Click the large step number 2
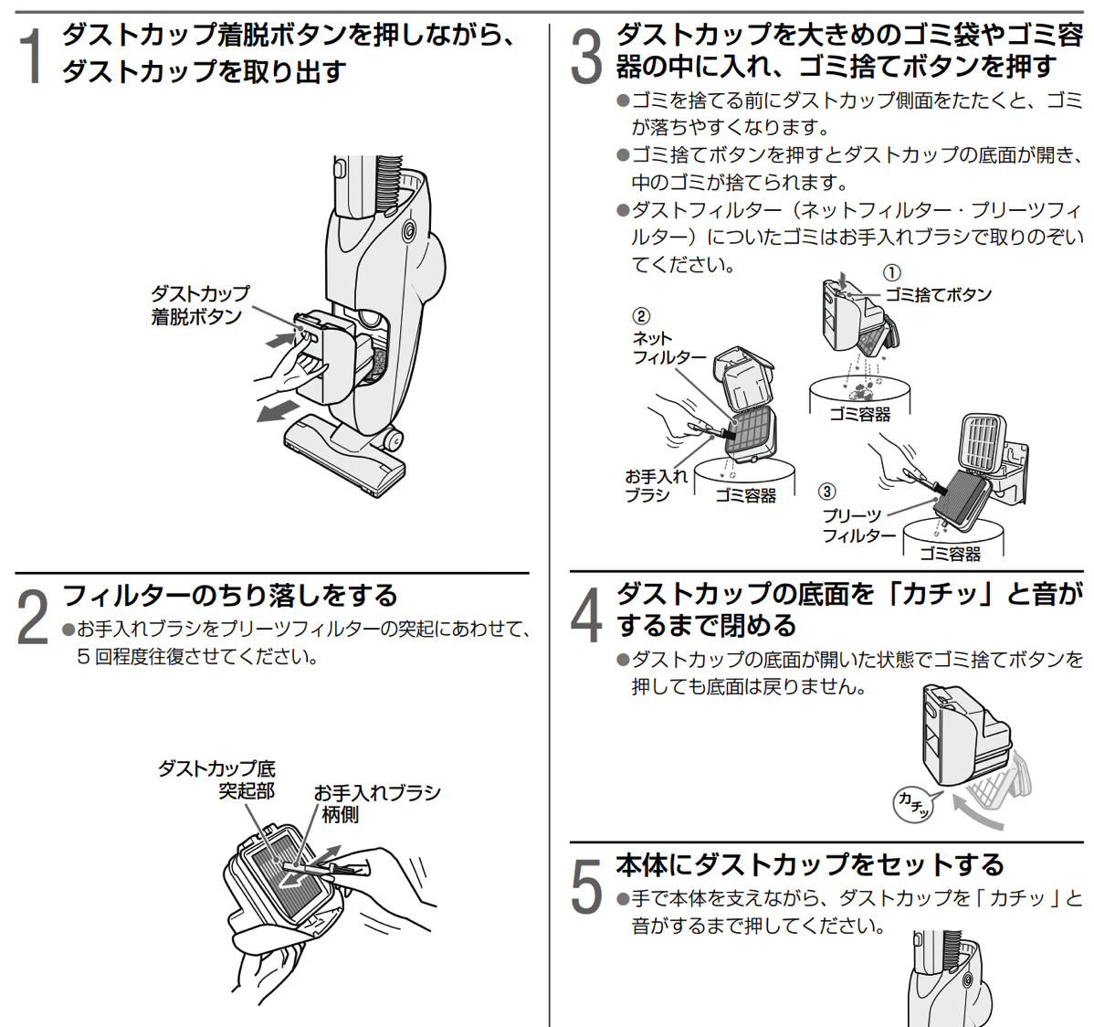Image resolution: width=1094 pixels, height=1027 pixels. click(34, 617)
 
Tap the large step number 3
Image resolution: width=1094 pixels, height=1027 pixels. click(587, 57)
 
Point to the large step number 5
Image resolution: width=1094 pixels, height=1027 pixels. click(587, 884)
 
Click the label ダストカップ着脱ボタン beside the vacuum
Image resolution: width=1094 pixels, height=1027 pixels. click(198, 305)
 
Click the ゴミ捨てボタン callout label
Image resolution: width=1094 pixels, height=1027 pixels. click(938, 295)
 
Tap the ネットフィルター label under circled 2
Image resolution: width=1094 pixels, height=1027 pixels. click(668, 348)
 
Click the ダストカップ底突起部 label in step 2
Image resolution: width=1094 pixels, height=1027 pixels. click(217, 779)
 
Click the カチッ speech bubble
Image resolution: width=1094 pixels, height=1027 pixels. click(913, 802)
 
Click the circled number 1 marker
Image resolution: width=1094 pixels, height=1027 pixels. click(892, 273)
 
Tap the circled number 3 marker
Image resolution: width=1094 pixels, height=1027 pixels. click(826, 492)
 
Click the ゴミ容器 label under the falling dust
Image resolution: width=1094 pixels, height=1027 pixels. click(859, 414)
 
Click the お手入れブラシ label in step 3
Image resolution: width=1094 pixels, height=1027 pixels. click(656, 485)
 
